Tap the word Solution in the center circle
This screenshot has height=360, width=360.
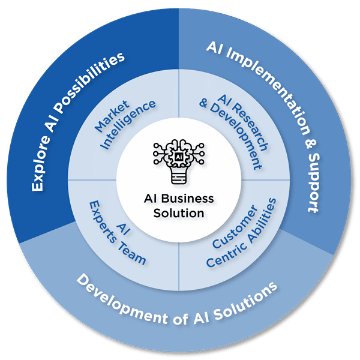(x=180, y=212)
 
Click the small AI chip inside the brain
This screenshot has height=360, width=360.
(x=180, y=155)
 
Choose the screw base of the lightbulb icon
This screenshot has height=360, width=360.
(x=180, y=179)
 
